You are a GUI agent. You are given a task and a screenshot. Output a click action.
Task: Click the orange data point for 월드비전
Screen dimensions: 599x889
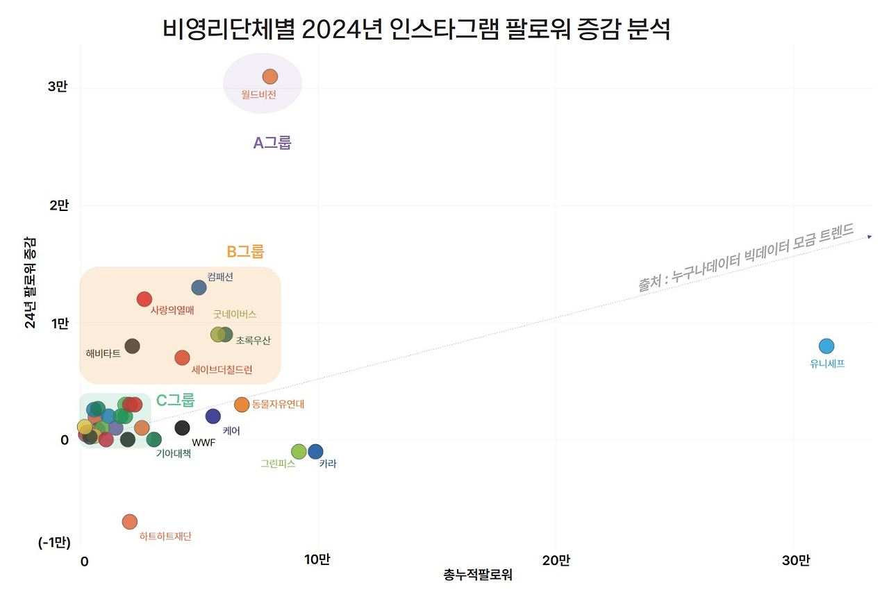coord(270,76)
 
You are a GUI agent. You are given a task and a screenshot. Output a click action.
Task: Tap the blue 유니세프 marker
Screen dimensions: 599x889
coord(826,346)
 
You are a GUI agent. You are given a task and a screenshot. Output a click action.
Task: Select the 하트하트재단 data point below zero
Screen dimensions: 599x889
coord(130,521)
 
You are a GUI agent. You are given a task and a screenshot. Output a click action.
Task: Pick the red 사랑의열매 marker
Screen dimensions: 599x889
coord(144,299)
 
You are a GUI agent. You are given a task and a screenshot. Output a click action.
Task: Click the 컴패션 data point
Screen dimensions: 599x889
coord(199,287)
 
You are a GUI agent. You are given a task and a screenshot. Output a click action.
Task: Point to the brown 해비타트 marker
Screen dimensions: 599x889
coord(132,346)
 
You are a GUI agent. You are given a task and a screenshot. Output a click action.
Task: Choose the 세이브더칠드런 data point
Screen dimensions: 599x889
coord(182,357)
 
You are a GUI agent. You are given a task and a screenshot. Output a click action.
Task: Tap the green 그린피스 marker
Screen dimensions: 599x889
coord(299,452)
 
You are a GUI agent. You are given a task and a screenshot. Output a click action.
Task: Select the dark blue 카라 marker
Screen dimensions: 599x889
coord(315,452)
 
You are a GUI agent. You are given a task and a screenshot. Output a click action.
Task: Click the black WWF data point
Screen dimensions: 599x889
coord(182,428)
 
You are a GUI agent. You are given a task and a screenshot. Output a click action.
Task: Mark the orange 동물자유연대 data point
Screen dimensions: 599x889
coord(242,405)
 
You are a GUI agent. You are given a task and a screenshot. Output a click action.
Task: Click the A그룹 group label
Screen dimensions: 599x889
coord(272,143)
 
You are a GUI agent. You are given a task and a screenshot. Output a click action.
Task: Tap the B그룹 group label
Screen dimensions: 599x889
coord(245,252)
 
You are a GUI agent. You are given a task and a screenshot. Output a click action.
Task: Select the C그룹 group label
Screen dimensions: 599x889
coord(175,400)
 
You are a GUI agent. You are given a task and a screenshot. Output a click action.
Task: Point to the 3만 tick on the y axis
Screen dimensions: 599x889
coord(58,88)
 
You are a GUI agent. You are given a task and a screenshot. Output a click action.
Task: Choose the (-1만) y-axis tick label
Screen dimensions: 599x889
coord(53,543)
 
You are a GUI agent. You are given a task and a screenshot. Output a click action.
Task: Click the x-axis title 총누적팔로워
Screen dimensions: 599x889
coord(478,575)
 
